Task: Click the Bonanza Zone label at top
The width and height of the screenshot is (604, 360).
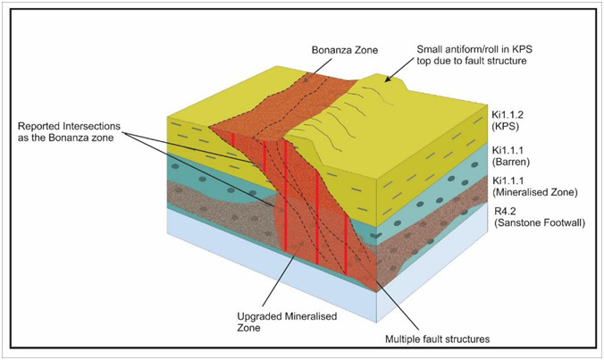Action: tap(345, 50)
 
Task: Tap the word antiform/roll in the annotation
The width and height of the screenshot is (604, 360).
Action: tap(473, 49)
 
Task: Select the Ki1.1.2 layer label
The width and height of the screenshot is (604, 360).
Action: tap(508, 114)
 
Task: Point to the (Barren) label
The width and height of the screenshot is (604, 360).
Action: tap(511, 162)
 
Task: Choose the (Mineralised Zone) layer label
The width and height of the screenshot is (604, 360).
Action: tap(534, 192)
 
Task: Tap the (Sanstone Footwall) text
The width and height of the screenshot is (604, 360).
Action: tap(539, 222)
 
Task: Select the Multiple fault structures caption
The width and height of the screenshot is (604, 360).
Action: tap(438, 339)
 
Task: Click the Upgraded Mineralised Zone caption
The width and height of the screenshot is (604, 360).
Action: tap(287, 322)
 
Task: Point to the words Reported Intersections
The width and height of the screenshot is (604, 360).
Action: tap(70, 126)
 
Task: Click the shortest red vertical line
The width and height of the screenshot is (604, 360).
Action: tap(233, 139)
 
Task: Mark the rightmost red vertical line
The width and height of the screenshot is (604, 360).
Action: tap(346, 246)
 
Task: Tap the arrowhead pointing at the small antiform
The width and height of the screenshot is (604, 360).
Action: tap(387, 80)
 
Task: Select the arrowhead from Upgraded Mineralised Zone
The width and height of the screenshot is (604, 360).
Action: tap(306, 243)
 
